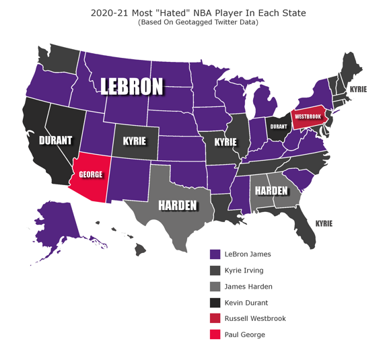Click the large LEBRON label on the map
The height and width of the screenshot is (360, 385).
click(x=132, y=86)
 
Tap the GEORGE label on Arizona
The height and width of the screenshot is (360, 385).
click(x=91, y=174)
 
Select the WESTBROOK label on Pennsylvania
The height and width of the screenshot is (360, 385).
click(x=308, y=116)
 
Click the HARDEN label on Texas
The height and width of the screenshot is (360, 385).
click(x=177, y=205)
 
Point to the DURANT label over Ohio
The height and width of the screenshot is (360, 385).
click(x=278, y=126)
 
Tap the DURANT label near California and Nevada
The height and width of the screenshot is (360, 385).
click(x=55, y=141)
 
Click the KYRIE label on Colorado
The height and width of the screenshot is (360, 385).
click(x=135, y=142)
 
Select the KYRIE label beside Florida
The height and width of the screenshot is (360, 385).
click(x=324, y=223)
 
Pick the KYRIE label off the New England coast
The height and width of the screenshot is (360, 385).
click(x=358, y=89)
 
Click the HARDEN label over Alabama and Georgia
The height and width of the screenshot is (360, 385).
click(x=271, y=190)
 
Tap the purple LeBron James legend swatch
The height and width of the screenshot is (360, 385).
click(x=215, y=254)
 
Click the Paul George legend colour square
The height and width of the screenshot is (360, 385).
click(x=215, y=334)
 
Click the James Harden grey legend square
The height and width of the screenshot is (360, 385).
click(x=215, y=287)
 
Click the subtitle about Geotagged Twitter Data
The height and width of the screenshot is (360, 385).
click(x=198, y=22)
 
